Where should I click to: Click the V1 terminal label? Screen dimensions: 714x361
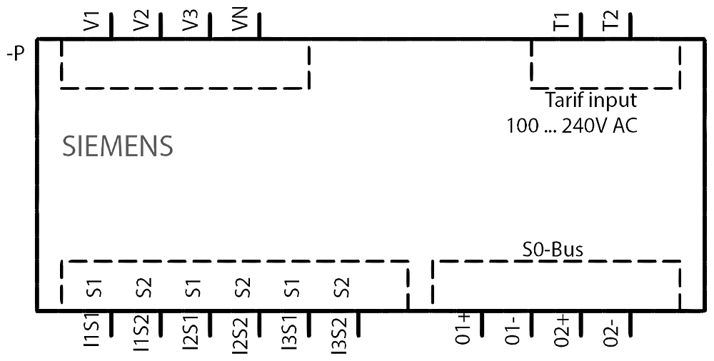coord(92,21)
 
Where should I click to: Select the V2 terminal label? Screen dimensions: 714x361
coord(141,21)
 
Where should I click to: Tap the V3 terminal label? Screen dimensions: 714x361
coord(191,21)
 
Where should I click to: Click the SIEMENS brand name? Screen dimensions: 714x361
coord(118,146)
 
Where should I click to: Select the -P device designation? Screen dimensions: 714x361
coord(15,55)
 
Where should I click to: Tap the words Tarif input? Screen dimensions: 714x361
coord(590,100)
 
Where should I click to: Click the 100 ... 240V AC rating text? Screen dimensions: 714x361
coord(573,126)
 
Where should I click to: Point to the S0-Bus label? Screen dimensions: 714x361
coord(553,250)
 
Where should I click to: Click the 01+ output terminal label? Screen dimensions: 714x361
coord(463,330)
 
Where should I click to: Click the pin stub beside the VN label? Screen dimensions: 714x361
coord(259,26)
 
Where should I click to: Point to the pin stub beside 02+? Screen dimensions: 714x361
coord(581,324)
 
